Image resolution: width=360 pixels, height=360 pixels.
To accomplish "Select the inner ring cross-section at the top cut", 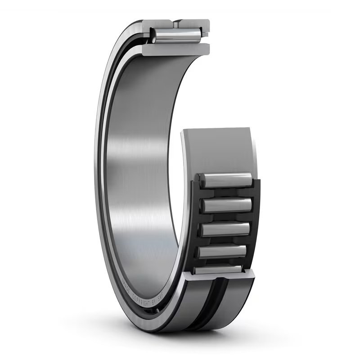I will [175, 49].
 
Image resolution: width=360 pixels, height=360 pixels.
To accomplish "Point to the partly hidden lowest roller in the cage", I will [218, 269].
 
